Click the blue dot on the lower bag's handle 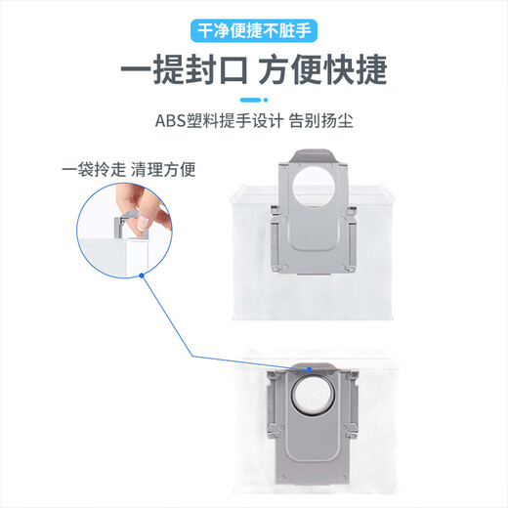(x=309, y=370)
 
